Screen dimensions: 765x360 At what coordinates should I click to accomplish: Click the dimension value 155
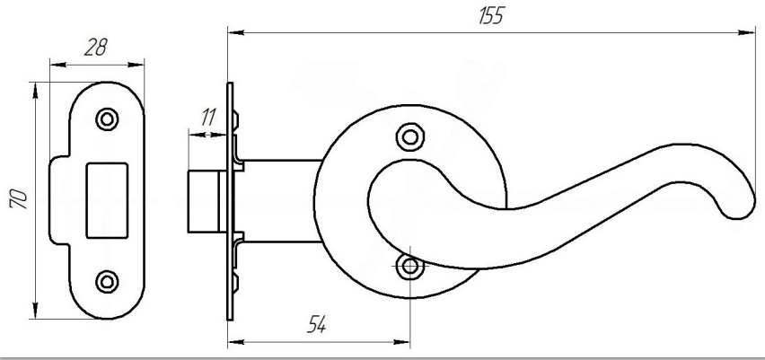[490, 15]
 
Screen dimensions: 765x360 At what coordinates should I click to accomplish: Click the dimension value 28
[95, 48]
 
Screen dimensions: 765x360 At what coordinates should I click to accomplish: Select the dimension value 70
[19, 198]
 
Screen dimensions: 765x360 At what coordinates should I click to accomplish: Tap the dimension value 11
[208, 118]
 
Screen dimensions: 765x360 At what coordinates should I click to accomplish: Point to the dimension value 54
[316, 324]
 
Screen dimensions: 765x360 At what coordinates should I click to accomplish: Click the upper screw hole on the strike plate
[107, 119]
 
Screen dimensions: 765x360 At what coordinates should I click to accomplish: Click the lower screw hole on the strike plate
[107, 282]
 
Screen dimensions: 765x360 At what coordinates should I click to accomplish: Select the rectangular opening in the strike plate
[107, 200]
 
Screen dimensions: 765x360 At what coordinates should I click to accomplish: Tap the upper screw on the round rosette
[409, 137]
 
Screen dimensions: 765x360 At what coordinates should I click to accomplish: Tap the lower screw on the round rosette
[409, 267]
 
